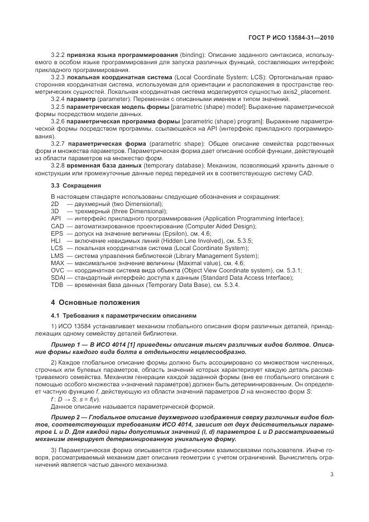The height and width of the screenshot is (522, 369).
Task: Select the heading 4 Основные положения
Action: coord(87,302)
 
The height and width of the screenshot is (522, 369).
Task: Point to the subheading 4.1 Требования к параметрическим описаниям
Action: coord(123,315)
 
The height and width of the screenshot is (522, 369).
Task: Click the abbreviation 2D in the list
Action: coord(55,204)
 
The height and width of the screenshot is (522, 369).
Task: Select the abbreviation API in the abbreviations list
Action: coord(55,219)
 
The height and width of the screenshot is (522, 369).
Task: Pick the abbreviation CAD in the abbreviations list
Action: coord(56,226)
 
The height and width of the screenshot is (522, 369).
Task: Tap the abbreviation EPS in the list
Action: coord(56,233)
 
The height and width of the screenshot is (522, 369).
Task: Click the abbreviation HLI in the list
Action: coord(55,241)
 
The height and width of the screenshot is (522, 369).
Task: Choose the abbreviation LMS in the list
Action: coord(56,255)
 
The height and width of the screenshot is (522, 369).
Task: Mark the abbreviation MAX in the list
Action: coord(57,262)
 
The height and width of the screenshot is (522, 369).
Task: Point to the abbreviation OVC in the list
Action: coord(57,270)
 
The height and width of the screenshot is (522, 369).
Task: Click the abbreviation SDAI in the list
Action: coord(57,277)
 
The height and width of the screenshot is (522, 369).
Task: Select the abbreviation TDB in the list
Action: coord(56,284)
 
